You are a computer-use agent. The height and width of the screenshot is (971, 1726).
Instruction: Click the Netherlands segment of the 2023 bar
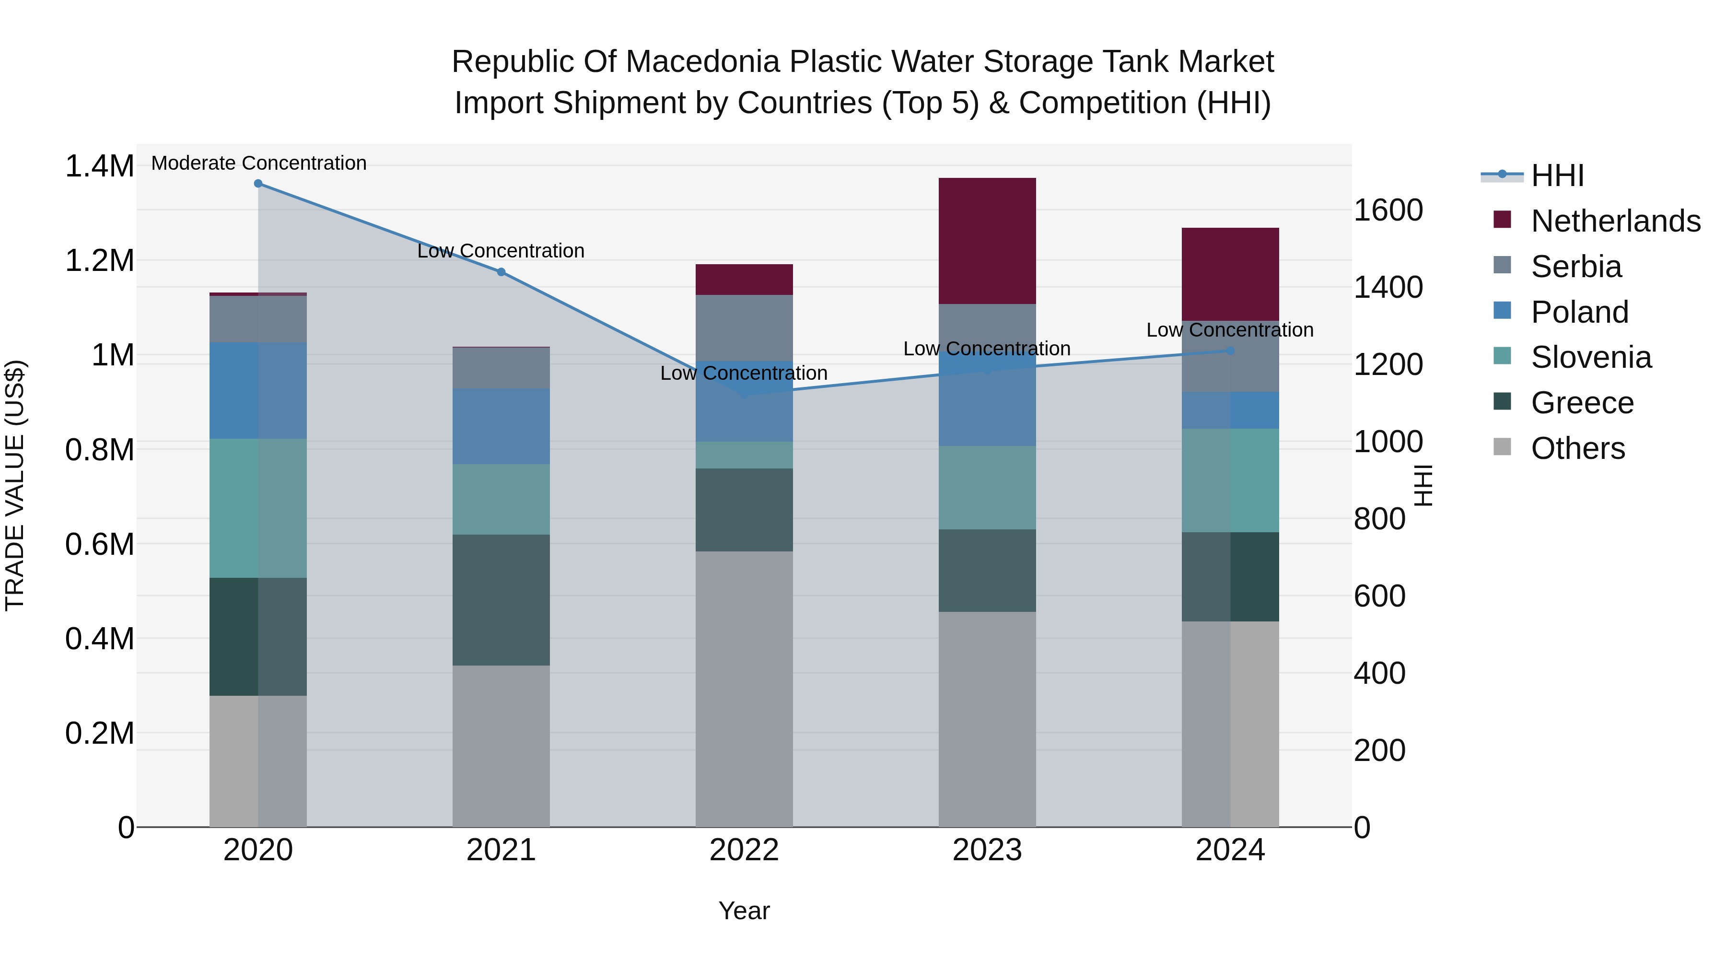click(x=987, y=241)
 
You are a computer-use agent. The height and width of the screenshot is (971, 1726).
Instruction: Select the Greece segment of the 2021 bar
click(x=501, y=600)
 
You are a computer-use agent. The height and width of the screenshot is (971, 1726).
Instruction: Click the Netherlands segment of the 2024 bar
click(x=1230, y=274)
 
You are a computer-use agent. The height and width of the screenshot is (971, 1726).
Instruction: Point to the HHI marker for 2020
click(x=258, y=184)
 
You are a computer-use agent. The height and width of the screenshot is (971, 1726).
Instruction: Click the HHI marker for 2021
click(x=501, y=272)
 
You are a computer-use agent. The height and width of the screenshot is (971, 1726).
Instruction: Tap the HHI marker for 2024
click(x=1230, y=351)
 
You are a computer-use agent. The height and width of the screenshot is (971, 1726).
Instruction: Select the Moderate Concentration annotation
click(x=258, y=163)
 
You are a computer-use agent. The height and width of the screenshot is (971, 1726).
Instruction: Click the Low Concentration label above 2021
click(x=501, y=251)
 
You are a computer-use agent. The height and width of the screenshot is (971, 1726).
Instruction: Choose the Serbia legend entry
click(x=1575, y=266)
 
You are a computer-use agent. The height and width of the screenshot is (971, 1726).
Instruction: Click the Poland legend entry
click(x=1579, y=312)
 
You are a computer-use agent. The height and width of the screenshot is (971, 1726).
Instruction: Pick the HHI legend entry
click(x=1557, y=175)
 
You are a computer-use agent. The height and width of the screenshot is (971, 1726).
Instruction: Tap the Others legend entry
click(x=1577, y=448)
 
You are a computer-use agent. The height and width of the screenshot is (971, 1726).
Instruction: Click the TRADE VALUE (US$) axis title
click(x=15, y=485)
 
